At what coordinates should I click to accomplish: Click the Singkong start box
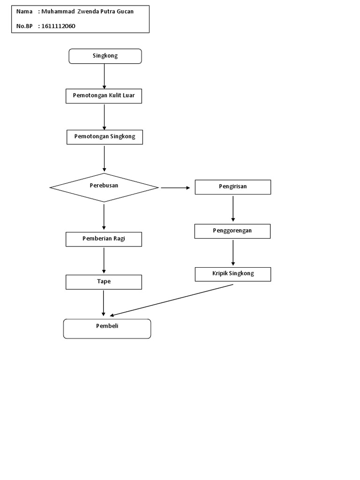[x=105, y=56]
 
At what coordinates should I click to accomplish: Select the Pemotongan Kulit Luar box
[x=104, y=96]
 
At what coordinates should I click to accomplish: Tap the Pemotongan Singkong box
[x=105, y=137]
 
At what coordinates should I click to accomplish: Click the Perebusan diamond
[x=104, y=187]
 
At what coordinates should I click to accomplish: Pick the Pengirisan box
[x=233, y=187]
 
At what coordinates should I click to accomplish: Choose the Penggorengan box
[x=232, y=231]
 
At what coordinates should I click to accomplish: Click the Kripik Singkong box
[x=232, y=274]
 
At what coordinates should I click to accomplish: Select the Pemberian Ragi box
[x=104, y=239]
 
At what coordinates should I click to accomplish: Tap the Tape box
[x=104, y=282]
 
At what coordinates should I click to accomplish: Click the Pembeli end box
[x=107, y=329]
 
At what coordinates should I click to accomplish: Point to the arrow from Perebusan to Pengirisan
[x=176, y=187]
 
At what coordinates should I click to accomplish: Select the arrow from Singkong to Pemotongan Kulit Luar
[x=104, y=76]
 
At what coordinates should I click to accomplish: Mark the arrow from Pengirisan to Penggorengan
[x=233, y=209]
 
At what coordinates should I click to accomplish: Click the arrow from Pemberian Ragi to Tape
[x=104, y=261]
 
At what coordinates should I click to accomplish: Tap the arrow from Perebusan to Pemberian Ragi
[x=104, y=217]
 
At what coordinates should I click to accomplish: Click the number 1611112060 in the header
[x=58, y=26]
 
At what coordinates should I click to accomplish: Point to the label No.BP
[x=24, y=26]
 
